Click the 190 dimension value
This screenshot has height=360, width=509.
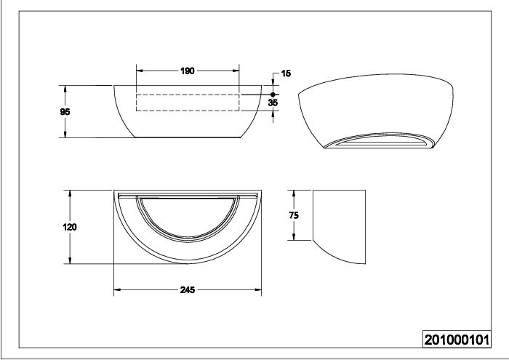pos(188,71)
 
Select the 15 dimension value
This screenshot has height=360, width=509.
pos(286,73)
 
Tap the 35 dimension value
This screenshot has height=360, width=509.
pos(273,103)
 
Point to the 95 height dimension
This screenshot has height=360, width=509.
pos(65,112)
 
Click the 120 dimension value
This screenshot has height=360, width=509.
pos(70,227)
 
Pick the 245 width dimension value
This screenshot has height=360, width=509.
pos(188,289)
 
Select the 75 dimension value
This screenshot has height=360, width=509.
pos(294,215)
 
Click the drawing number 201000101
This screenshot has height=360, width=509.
pos(457,340)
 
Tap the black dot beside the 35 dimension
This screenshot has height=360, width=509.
pos(273,95)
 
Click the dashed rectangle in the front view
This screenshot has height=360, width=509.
pos(188,95)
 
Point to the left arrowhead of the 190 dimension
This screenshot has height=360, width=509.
pos(140,71)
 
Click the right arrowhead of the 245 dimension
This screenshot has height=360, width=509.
pos(257,289)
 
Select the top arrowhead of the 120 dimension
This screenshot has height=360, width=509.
pos(70,193)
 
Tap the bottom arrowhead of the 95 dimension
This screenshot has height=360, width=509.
pos(65,134)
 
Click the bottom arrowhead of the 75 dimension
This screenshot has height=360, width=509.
pos(294,236)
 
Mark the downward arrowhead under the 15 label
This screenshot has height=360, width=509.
pos(273,82)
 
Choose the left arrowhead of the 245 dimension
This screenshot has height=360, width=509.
pos(117,289)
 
